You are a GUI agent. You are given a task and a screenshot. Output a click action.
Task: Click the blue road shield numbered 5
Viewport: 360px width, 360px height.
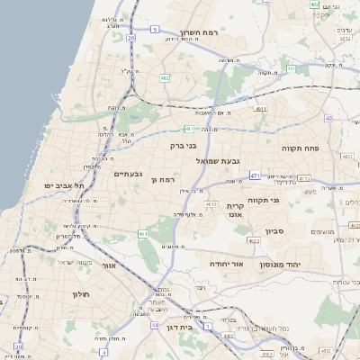[155, 30]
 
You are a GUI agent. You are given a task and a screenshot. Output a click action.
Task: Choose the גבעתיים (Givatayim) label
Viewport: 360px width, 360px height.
[129, 174]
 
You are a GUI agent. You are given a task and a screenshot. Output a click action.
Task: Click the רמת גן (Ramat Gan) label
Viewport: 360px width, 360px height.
[163, 180]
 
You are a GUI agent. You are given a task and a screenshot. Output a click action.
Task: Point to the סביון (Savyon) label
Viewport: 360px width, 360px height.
[275, 230]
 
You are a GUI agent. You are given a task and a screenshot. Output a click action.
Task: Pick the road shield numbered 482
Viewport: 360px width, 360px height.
[165, 78]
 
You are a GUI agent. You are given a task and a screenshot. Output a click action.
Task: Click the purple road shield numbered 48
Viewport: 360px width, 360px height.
[328, 118]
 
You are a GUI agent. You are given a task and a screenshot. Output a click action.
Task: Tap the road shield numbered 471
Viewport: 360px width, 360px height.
[255, 175]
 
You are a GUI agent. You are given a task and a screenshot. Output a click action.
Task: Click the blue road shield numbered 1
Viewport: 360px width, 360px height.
[207, 328]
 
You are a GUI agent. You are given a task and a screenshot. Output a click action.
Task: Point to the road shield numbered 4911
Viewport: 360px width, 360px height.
[260, 109]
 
